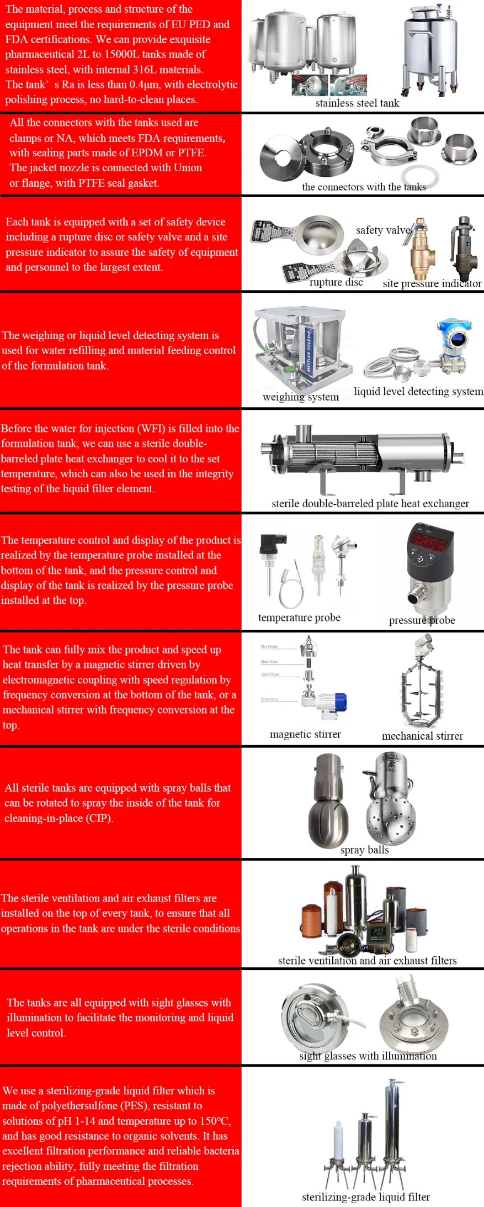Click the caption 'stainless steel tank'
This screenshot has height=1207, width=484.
(x=357, y=103)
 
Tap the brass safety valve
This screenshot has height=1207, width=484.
(x=421, y=248)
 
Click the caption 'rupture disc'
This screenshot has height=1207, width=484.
(x=336, y=282)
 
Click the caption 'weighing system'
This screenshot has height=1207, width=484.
(x=301, y=397)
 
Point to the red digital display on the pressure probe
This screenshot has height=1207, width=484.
(x=430, y=541)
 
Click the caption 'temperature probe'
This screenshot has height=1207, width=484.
(x=299, y=618)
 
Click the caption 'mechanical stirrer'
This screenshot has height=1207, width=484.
(x=422, y=736)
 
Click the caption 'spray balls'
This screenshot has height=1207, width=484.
(x=364, y=850)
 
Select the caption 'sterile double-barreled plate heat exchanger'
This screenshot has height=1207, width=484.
(x=370, y=503)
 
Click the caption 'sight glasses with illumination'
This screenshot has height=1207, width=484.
(x=368, y=1056)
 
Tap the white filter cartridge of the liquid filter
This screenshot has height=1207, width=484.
(x=338, y=1141)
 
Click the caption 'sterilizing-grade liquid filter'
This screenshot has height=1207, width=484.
(x=365, y=1197)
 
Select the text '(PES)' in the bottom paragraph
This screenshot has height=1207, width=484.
(x=135, y=1105)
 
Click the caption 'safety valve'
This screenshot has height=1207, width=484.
(x=383, y=230)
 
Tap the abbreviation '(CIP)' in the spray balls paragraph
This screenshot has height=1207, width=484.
(x=99, y=818)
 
